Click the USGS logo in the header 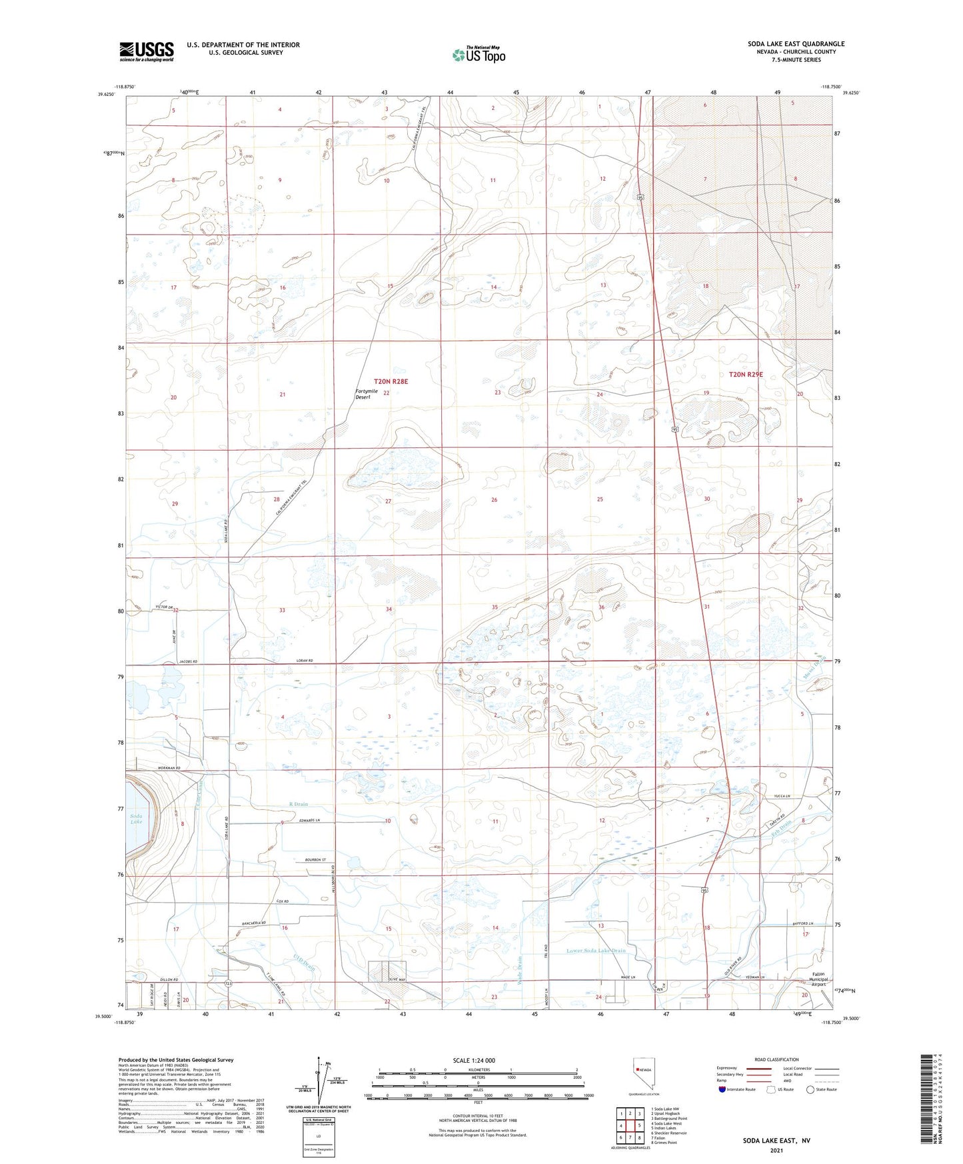(x=147, y=51)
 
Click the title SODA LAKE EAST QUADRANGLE (x=796, y=44)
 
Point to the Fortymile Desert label (x=367, y=394)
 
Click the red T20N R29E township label (x=746, y=375)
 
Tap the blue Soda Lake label (x=136, y=819)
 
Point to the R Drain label (x=299, y=805)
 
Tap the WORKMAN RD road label (x=170, y=768)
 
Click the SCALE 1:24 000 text (x=474, y=1061)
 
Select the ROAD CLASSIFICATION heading (x=776, y=1059)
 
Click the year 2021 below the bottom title (x=776, y=1150)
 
